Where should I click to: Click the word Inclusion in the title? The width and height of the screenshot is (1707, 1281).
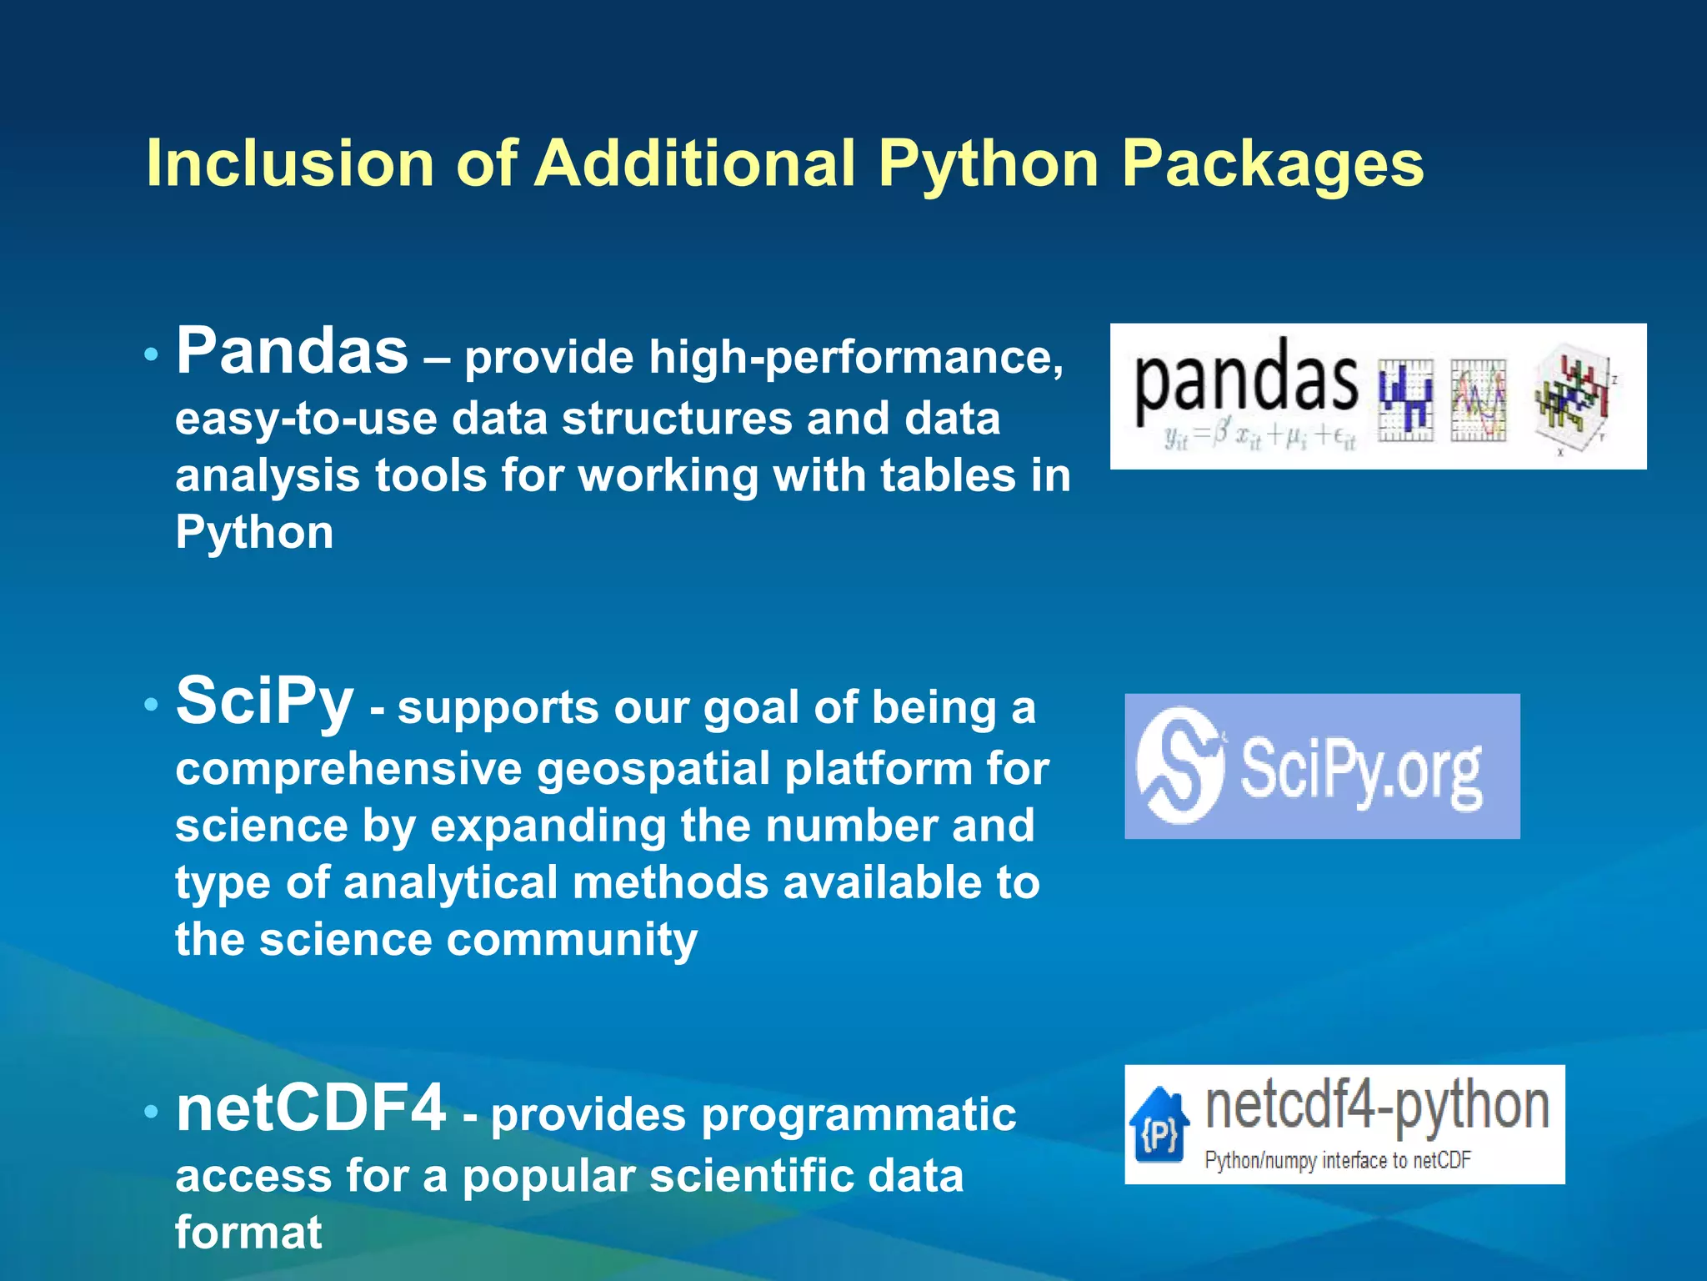[290, 163]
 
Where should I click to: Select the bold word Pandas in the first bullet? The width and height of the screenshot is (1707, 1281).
[292, 351]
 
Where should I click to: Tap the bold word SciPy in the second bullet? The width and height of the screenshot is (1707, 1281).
[264, 702]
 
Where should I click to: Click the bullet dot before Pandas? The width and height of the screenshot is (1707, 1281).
[151, 354]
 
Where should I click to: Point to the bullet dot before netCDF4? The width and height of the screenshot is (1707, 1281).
[151, 1112]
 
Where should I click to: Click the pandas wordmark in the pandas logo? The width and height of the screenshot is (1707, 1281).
[1245, 382]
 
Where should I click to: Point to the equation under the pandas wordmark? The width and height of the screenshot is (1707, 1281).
[1259, 436]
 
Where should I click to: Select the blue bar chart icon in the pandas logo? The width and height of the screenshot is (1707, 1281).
[1405, 399]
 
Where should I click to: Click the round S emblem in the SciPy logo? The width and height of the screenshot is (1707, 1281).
[1179, 765]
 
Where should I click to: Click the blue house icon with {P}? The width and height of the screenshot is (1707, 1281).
[1159, 1126]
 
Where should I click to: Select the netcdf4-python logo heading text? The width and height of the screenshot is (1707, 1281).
[1377, 1108]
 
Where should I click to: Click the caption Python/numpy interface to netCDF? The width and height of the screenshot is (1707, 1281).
[1337, 1160]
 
